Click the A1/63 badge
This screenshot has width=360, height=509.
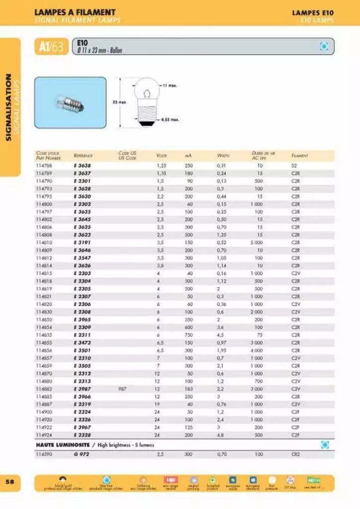coord(51,47)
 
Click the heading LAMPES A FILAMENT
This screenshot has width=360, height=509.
coord(75,12)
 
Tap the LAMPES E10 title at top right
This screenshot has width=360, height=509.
coord(313,12)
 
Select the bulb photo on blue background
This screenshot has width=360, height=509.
coord(70,102)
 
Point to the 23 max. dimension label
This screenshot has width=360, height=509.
coord(118,102)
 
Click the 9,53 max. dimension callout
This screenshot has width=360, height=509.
coord(170,120)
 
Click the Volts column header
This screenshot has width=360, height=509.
coord(161,156)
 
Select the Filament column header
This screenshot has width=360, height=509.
coord(299,156)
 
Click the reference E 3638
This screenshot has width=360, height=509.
coord(82,166)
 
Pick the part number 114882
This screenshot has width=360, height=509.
coord(44,389)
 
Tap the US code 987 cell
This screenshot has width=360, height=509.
coord(122,389)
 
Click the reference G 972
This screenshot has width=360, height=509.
coord(82,454)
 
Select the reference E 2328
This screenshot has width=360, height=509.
coord(82,435)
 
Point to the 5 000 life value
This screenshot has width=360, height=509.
coord(257,243)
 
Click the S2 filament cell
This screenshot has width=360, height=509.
coord(294,166)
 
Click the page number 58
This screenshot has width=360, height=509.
coord(10,482)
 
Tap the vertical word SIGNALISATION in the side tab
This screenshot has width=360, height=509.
coord(8,107)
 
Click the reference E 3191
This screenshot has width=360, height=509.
coord(82,243)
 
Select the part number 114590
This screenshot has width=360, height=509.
coord(44,454)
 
